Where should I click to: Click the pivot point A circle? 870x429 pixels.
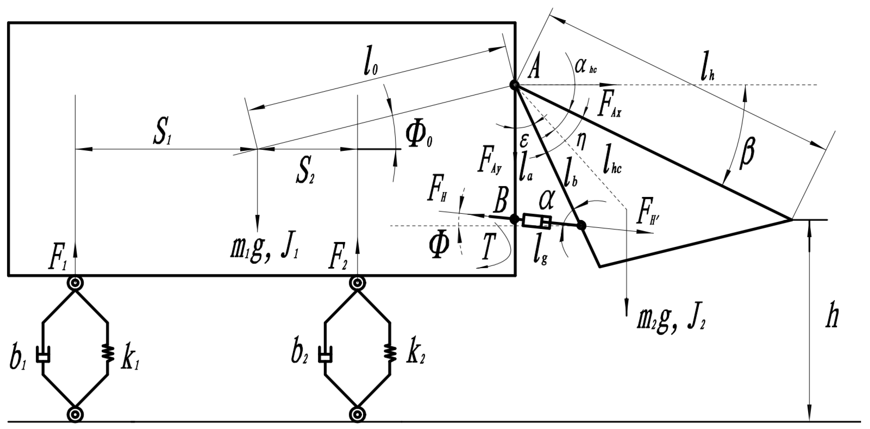514,85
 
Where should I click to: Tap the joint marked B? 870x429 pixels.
514,219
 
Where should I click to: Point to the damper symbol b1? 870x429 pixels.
43,355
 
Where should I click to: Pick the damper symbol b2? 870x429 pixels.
325,355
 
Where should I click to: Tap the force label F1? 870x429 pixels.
58,260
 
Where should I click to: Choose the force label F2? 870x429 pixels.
338,260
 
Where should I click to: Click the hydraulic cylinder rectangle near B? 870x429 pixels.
537,221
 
